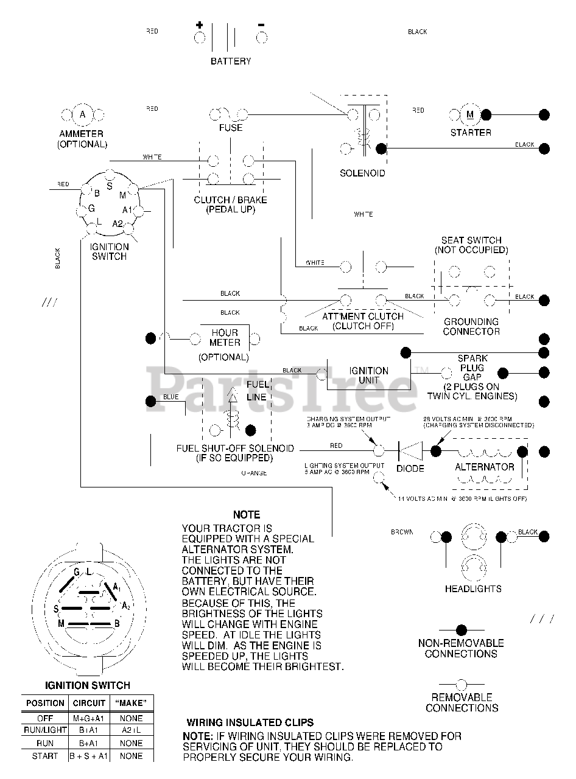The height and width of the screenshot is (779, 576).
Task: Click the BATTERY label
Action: [x=230, y=61]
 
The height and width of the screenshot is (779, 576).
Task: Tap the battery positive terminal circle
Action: [x=200, y=38]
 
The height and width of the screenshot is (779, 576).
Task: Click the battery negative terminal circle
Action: [x=262, y=38]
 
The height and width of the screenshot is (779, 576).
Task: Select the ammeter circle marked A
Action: [x=83, y=114]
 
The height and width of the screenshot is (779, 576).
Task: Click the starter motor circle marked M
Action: [x=469, y=114]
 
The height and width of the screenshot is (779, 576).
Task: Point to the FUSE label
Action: [x=231, y=128]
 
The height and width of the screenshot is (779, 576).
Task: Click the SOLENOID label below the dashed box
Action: [x=362, y=173]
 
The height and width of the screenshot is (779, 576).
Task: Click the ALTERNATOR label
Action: [x=485, y=467]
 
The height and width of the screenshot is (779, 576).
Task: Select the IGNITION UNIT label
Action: [x=368, y=375]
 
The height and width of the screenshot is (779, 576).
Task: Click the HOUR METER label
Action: [x=225, y=338]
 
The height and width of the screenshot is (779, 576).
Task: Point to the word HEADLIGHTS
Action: [x=473, y=589]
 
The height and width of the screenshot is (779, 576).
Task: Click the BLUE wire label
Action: [x=171, y=397]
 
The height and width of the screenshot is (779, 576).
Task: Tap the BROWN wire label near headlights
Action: [x=402, y=532]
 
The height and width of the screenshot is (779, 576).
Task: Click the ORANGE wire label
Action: [x=254, y=473]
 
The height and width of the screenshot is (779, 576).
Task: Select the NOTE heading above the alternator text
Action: [x=246, y=514]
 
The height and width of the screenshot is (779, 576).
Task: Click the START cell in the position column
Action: [x=45, y=756]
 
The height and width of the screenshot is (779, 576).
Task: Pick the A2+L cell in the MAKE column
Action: [x=132, y=730]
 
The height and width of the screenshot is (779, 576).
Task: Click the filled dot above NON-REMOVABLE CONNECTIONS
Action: [x=461, y=630]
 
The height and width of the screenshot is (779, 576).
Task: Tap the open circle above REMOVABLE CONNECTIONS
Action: [x=461, y=684]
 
